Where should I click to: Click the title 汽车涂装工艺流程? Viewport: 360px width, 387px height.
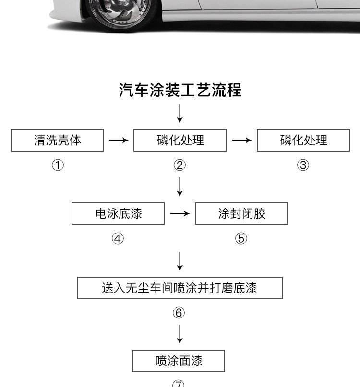pyautogui.click(x=180, y=90)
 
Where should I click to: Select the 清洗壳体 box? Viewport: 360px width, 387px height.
pyautogui.click(x=57, y=140)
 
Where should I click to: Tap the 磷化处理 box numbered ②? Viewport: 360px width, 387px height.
pyautogui.click(x=180, y=140)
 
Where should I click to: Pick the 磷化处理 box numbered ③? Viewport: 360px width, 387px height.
pyautogui.click(x=303, y=140)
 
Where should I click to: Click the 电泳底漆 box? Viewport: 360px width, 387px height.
pyautogui.click(x=118, y=213)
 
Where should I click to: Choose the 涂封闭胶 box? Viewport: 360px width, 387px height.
pyautogui.click(x=241, y=213)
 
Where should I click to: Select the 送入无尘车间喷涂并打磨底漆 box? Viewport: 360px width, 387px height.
pyautogui.click(x=180, y=288)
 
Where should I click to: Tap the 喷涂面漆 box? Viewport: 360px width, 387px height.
pyautogui.click(x=179, y=361)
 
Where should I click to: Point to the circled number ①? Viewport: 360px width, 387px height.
pyautogui.click(x=58, y=165)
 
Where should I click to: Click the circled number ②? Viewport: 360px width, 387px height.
pyautogui.click(x=180, y=165)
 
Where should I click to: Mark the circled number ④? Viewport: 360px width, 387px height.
pyautogui.click(x=118, y=238)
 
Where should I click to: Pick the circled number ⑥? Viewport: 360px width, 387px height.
pyautogui.click(x=179, y=313)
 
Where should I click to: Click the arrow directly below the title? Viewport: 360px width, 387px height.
pyautogui.click(x=180, y=114)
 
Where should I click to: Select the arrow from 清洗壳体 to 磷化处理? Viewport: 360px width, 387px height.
pyautogui.click(x=119, y=140)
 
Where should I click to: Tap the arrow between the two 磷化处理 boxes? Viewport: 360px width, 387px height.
pyautogui.click(x=242, y=140)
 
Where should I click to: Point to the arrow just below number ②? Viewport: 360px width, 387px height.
pyautogui.click(x=180, y=187)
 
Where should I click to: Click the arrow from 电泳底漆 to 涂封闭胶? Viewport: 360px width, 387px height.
pyautogui.click(x=180, y=213)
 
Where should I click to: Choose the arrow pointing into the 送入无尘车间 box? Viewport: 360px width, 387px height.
pyautogui.click(x=180, y=261)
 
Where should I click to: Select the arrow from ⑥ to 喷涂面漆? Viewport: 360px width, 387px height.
pyautogui.click(x=180, y=334)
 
